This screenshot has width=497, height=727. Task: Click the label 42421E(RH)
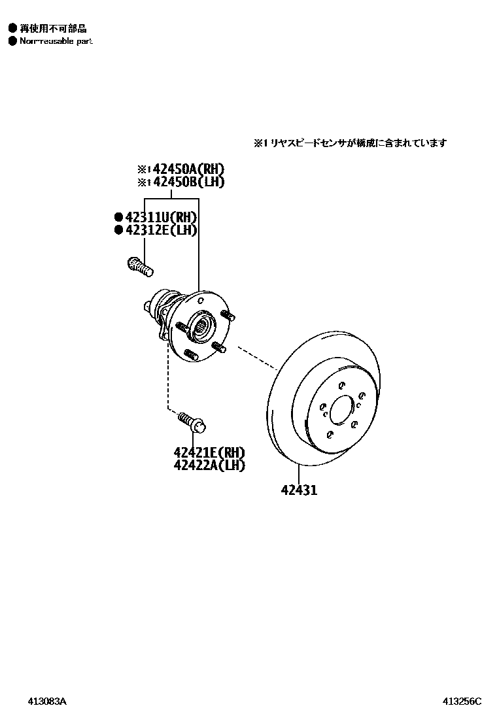point(209,452)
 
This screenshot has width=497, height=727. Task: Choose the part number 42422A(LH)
point(209,465)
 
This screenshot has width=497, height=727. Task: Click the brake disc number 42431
point(300,490)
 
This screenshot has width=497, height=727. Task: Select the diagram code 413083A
point(47,702)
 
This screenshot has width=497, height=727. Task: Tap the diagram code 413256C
point(462,702)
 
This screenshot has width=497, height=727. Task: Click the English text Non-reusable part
point(56,41)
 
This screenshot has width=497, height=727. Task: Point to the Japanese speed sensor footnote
point(351,143)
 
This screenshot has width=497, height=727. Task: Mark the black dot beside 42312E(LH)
point(118,229)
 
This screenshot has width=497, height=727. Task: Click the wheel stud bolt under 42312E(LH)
point(138,265)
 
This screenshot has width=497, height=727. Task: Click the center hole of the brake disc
point(341,410)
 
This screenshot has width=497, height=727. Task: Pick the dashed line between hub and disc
point(257,357)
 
